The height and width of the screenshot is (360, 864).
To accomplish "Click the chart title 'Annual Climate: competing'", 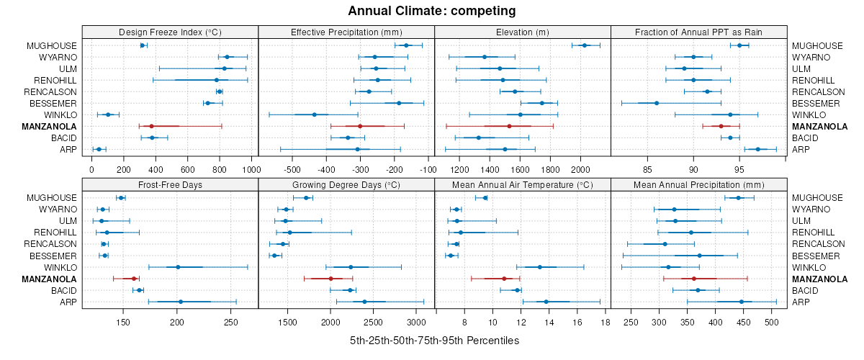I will pyautogui.click(x=431, y=11).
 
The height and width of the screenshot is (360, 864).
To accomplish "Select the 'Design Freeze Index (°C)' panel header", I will pyautogui.click(x=170, y=32).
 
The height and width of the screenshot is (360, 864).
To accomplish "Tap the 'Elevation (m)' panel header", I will pyautogui.click(x=523, y=32).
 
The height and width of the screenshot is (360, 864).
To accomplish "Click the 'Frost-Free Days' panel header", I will pyautogui.click(x=170, y=184).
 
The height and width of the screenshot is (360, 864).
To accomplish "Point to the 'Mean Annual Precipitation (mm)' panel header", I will pyautogui.click(x=699, y=184).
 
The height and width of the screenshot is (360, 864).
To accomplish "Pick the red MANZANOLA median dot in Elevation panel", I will pyautogui.click(x=509, y=126).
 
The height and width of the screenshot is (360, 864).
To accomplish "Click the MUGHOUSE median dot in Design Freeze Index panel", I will pyautogui.click(x=143, y=45).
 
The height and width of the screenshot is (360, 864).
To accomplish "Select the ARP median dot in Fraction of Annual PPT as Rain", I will pyautogui.click(x=757, y=149).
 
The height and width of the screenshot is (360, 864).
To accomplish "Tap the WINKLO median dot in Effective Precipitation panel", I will pyautogui.click(x=315, y=114).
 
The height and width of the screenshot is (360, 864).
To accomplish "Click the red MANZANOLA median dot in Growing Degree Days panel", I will pyautogui.click(x=331, y=279).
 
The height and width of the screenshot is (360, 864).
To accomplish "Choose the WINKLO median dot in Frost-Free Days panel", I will pyautogui.click(x=178, y=267).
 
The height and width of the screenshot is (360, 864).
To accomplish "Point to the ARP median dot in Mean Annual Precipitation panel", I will pyautogui.click(x=741, y=302).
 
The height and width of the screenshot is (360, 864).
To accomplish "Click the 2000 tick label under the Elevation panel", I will pyautogui.click(x=580, y=169).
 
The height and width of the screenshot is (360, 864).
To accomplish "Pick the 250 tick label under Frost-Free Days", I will pyautogui.click(x=230, y=322).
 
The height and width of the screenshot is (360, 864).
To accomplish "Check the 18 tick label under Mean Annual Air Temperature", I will pyautogui.click(x=605, y=322).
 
